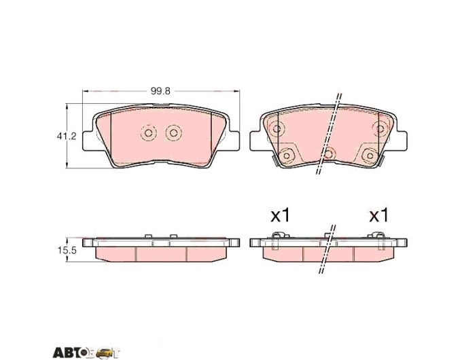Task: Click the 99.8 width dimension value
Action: click(x=160, y=91)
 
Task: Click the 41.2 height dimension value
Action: click(x=67, y=136)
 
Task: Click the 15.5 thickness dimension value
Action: click(x=67, y=251)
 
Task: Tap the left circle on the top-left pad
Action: click(x=149, y=133)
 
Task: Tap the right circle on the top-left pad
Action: click(x=173, y=133)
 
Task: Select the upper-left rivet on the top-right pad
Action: click(x=277, y=128)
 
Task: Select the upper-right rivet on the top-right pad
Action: click(x=380, y=128)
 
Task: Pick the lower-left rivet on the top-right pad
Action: click(x=287, y=155)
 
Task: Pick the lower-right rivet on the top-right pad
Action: click(x=370, y=155)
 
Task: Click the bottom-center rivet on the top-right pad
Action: click(x=329, y=154)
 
